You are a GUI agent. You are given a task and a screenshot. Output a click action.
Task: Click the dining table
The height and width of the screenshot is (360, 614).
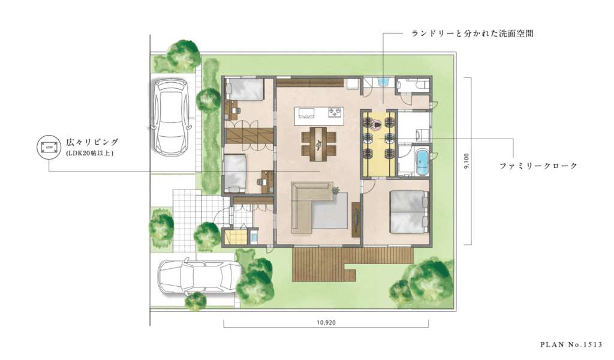point(318,144)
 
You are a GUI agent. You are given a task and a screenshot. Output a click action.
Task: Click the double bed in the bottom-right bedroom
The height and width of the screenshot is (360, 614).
point(408,211)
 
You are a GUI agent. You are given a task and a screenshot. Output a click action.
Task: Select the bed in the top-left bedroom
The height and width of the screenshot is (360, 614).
point(245,90)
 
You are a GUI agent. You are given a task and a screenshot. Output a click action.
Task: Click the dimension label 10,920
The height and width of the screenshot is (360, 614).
point(325,322)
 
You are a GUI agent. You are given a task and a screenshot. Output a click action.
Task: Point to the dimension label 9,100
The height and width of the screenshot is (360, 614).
point(466,161)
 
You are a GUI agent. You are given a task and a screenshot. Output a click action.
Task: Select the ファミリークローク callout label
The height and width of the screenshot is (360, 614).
point(538,166)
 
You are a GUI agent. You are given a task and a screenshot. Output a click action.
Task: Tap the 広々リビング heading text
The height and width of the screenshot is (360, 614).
point(93,142)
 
